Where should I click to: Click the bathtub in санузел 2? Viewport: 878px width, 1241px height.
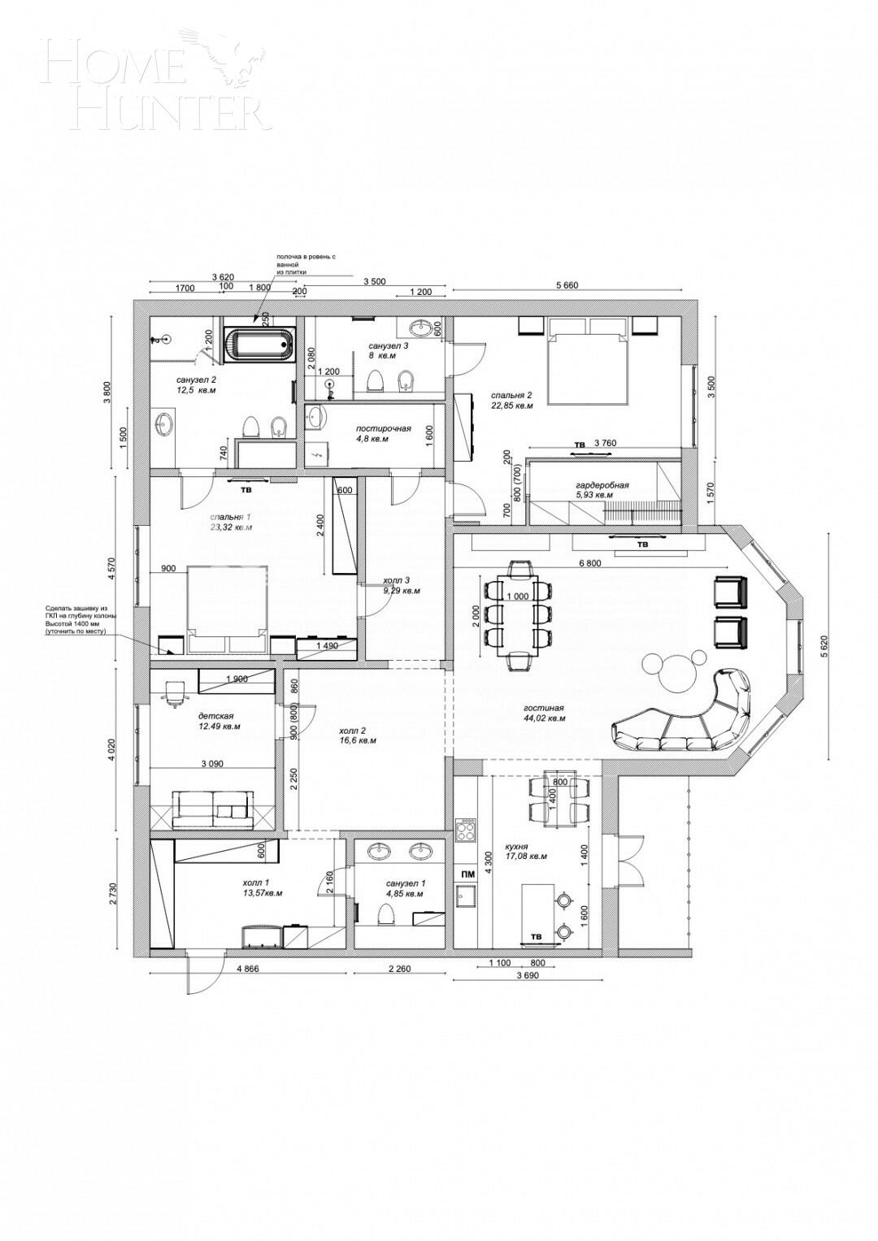(x=259, y=345)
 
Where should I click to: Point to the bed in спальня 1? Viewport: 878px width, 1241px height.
(x=227, y=609)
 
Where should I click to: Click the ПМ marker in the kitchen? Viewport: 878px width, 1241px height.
(x=467, y=874)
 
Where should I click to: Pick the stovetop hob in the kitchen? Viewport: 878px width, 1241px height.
(x=467, y=830)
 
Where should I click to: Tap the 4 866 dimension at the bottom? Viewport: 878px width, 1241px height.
(x=249, y=969)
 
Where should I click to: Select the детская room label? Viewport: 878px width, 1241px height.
(x=215, y=717)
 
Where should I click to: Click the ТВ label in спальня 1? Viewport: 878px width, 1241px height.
(x=244, y=490)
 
